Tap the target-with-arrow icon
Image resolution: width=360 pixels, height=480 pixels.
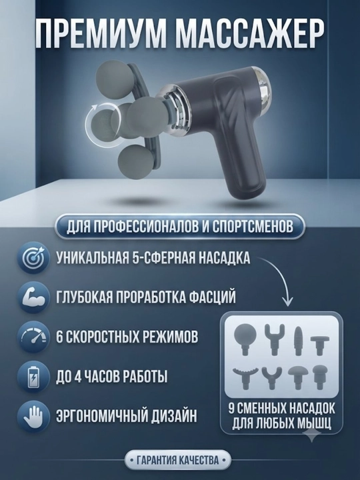33,258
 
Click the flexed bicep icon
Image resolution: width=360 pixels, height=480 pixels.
33,297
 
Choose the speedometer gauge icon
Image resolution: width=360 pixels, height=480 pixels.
33,337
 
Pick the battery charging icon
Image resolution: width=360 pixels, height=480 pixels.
33,377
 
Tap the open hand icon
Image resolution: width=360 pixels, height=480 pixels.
33,416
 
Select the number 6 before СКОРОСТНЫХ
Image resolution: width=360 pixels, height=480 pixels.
59,337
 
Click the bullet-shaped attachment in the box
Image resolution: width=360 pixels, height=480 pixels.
298,341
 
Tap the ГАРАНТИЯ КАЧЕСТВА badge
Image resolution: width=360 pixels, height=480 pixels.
177,460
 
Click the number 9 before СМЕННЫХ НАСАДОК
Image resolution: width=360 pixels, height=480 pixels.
232,409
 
